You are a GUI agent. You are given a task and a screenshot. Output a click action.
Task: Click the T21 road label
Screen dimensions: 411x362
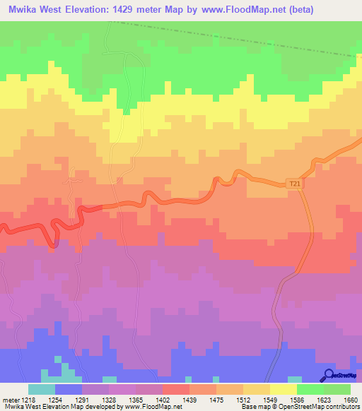pyautogui.click(x=295, y=184)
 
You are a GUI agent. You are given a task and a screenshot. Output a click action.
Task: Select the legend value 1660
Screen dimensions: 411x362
pyautogui.click(x=341, y=400)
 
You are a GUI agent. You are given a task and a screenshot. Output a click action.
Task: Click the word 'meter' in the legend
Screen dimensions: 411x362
pyautogui.click(x=10, y=400)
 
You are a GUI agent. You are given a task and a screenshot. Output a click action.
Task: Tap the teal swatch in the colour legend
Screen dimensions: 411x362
pyautogui.click(x=41, y=389)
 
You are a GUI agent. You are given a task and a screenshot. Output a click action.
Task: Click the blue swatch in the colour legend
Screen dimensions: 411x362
pyautogui.click(x=69, y=389)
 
